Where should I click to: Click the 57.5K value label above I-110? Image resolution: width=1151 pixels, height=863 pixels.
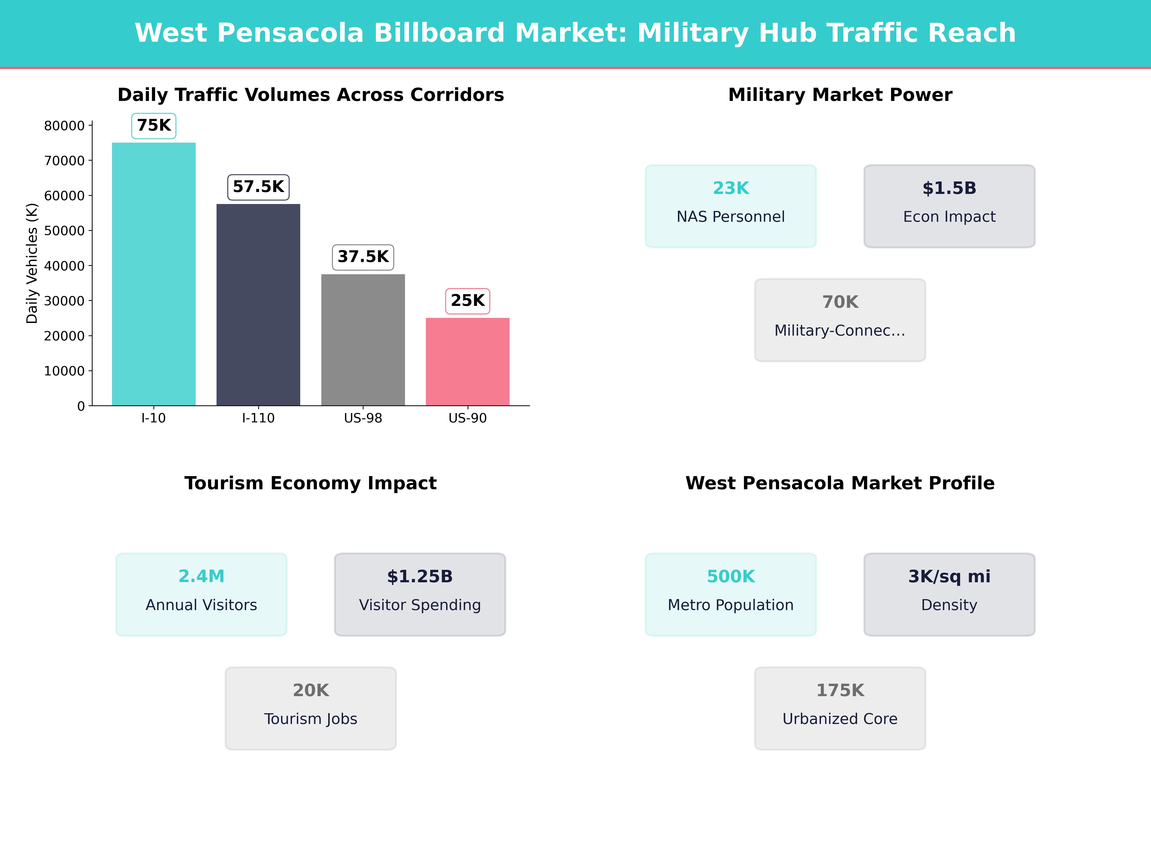point(258,187)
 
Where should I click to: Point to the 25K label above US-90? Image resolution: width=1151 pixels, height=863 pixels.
point(467,301)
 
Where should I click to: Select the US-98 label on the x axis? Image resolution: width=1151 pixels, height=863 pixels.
point(363,418)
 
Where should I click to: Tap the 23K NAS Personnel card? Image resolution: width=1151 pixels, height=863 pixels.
point(731,206)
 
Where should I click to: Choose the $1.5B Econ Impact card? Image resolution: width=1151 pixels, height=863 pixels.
point(949,206)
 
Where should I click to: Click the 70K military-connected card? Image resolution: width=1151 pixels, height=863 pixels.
point(840,320)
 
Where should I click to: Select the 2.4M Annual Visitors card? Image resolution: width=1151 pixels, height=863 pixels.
point(201,594)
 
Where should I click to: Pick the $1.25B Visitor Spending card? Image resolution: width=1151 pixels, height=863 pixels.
point(420,594)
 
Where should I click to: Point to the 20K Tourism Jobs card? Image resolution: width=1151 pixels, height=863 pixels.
point(311,708)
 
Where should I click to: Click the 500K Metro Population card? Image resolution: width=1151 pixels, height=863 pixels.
point(731,594)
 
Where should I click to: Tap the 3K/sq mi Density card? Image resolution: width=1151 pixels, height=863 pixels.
point(949,594)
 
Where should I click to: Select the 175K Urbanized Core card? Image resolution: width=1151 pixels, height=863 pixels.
point(840,708)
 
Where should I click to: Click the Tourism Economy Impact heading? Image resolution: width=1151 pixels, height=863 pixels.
point(311,483)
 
